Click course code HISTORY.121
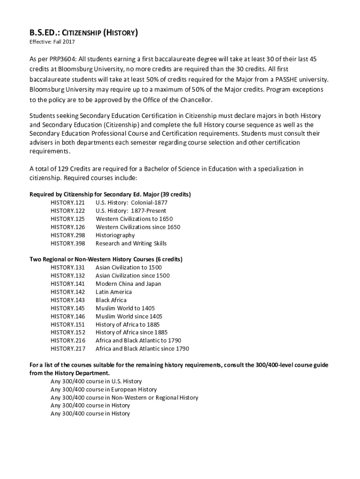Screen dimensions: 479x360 point(68,203)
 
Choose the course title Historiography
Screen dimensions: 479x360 point(115,235)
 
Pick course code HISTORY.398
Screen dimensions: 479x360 point(68,243)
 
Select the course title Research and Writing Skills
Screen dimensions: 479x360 point(131,243)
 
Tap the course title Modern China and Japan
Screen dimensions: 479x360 point(128,283)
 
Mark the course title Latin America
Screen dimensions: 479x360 point(114,292)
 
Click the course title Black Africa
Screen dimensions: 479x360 point(111,300)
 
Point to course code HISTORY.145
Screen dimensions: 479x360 point(68,308)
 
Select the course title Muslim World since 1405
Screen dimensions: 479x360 point(129,316)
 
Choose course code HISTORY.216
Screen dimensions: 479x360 point(68,341)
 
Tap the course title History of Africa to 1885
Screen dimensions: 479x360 point(128,324)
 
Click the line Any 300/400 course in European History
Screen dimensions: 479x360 point(104,389)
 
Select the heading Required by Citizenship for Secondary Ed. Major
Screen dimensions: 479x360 point(110,194)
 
